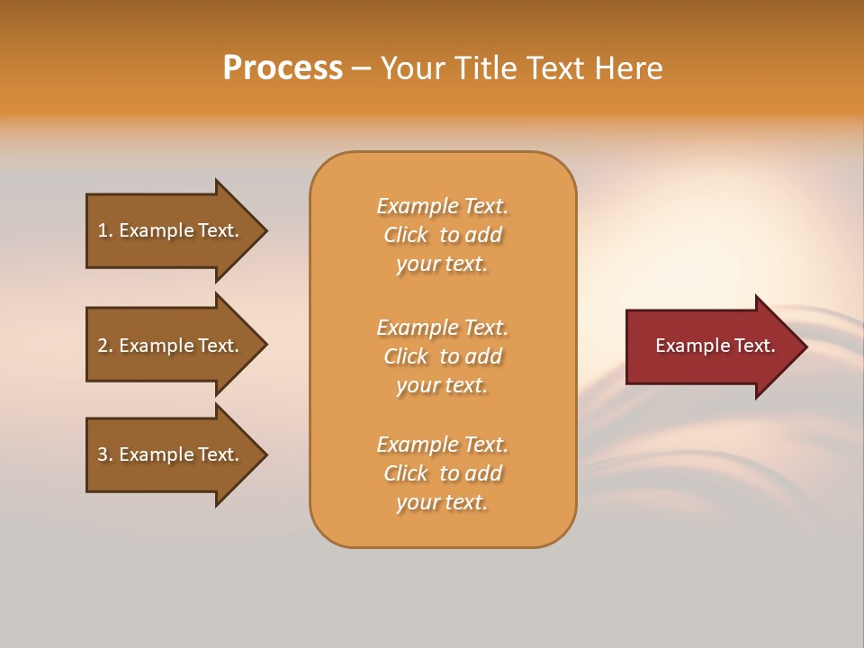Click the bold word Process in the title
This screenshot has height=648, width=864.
tap(283, 68)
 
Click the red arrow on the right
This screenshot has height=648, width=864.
tap(711, 346)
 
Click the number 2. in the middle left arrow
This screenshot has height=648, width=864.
tap(105, 346)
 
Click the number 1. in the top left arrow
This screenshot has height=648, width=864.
tap(105, 230)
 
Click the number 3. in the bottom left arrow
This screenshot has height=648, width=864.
tap(105, 454)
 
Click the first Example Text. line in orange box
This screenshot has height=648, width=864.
tap(442, 206)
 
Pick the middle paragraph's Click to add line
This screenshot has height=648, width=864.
tap(442, 356)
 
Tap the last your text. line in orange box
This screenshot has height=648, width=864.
tap(442, 502)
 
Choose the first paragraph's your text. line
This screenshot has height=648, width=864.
tap(442, 264)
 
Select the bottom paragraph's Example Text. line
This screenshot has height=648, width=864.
tap(442, 445)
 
